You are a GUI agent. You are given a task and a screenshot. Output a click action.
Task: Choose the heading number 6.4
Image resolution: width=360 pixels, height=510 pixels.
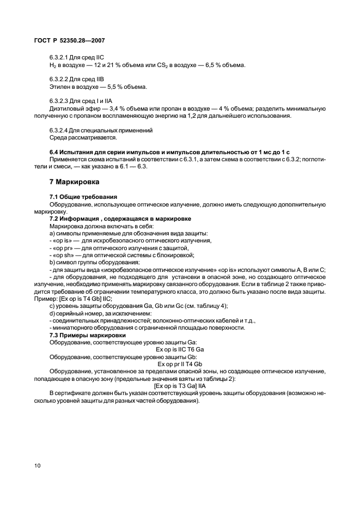54,151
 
